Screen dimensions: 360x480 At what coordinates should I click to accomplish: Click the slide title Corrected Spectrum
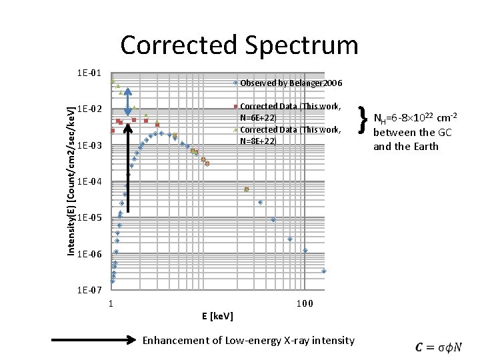coord(239,45)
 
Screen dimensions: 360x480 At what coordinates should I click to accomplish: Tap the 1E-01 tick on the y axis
coord(89,72)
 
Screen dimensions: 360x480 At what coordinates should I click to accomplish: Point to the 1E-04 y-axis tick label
coord(89,181)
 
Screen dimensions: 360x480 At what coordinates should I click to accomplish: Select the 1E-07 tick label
coord(89,290)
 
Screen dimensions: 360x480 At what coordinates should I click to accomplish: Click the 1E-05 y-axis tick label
coord(89,218)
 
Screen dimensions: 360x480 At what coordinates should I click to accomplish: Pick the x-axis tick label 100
coord(305,304)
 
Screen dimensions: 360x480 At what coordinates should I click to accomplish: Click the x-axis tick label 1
coord(111,304)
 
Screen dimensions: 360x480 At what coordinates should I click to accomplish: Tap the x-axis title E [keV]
coord(217,315)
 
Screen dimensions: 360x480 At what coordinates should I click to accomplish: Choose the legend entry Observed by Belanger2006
coord(291,83)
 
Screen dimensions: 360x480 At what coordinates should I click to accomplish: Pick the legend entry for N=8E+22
coord(291,135)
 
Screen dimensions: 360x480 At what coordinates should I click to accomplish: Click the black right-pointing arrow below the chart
coord(94,340)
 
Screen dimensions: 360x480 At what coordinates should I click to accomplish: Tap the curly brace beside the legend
coord(363,120)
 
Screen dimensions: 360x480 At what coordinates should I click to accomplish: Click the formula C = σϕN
coord(438,347)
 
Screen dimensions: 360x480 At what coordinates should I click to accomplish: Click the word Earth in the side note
coord(425,146)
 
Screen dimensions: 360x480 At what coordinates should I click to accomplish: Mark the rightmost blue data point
coord(324,271)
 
